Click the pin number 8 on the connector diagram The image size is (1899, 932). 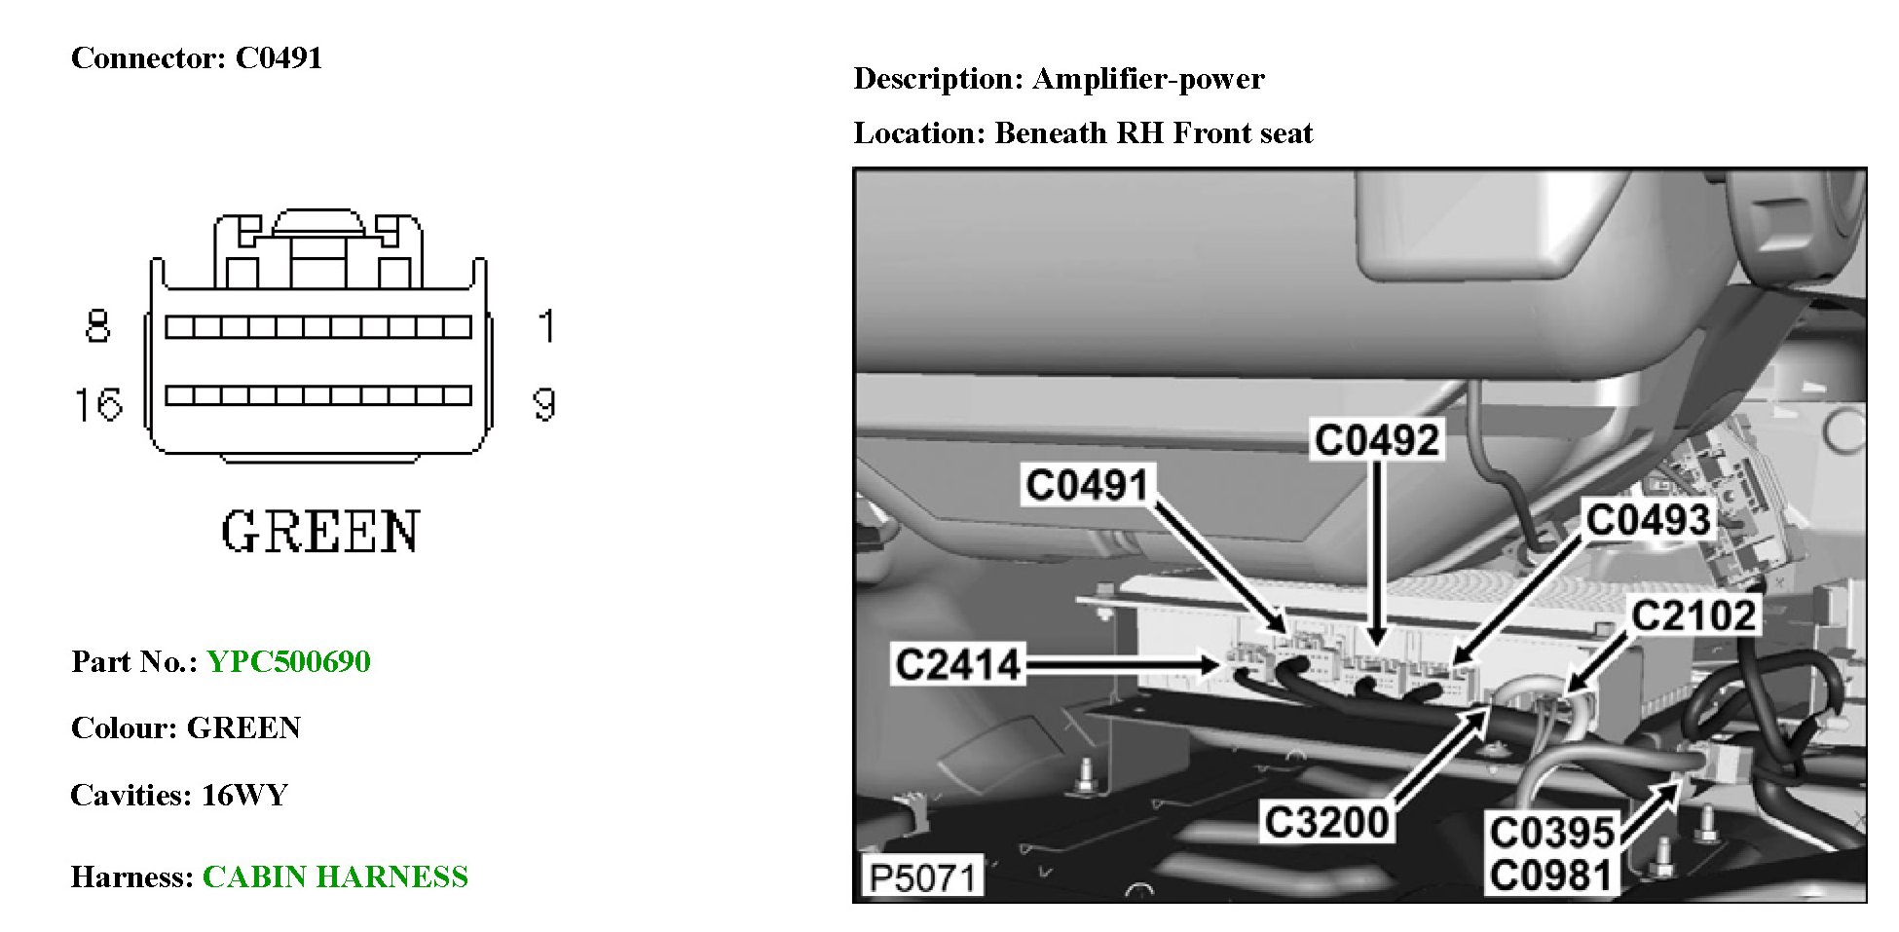tap(97, 325)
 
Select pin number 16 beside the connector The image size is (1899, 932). tap(99, 404)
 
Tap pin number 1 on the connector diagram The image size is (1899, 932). tap(547, 325)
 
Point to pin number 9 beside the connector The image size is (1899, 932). tap(545, 404)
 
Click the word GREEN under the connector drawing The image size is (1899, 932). tap(320, 532)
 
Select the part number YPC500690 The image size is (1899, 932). tap(288, 662)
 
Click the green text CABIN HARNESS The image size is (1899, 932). tap(335, 877)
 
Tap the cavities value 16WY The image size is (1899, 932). tap(244, 796)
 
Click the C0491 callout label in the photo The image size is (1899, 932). tap(1087, 484)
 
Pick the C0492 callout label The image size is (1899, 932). tap(1376, 440)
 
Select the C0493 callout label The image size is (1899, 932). tap(1648, 519)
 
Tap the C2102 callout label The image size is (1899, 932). tap(1694, 615)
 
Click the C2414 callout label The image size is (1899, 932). tap(957, 665)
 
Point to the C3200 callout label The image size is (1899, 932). tap(1325, 823)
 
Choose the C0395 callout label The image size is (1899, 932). tap(1552, 833)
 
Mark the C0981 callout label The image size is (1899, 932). tap(1552, 875)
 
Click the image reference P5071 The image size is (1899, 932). tap(921, 877)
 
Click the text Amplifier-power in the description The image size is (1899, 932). tap(1148, 79)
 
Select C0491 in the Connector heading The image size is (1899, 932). tap(279, 58)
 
